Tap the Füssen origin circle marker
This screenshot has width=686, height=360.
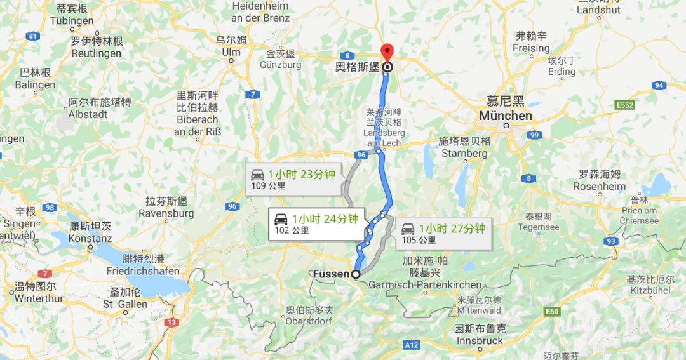point(356,274)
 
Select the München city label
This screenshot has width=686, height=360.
point(506,116)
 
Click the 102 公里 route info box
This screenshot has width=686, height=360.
point(314,224)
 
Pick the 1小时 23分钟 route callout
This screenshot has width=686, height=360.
point(294,180)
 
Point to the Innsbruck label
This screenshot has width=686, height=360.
point(480,340)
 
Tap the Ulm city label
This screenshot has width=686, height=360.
point(231,52)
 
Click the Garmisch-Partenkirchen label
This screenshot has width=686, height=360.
point(425,284)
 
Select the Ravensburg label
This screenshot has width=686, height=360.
point(170,213)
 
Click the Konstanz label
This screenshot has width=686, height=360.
point(90,239)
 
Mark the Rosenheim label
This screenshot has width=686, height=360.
point(599,187)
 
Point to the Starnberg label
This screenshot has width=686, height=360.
point(464,153)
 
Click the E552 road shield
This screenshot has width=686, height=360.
point(624,105)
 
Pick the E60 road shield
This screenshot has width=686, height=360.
point(552,312)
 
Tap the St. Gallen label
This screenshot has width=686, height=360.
point(125,304)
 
